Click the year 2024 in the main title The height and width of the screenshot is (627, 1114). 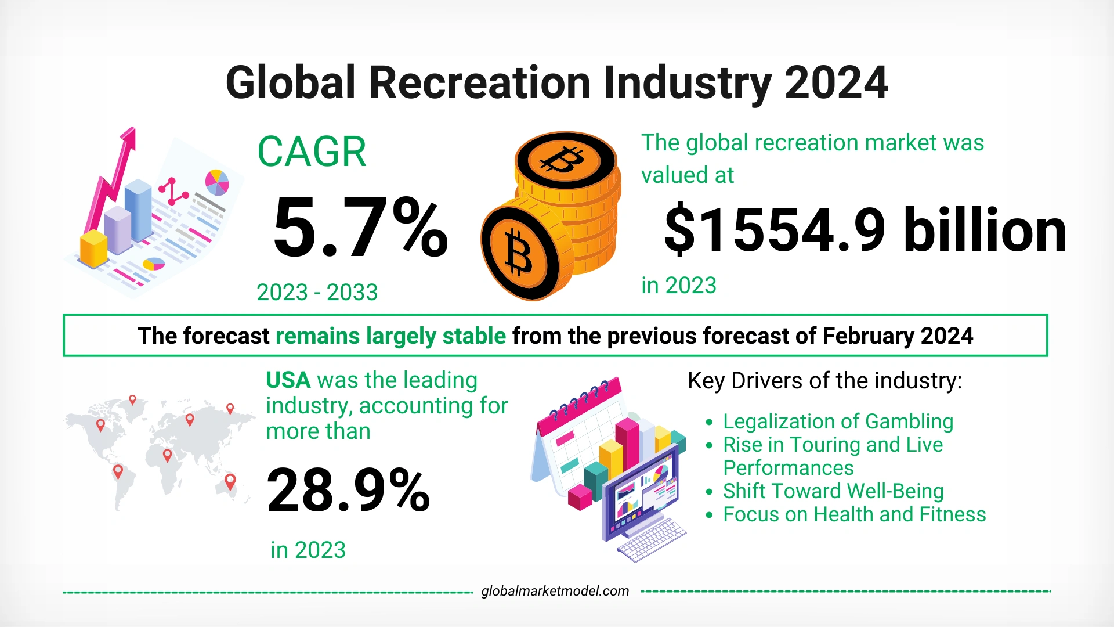[835, 83]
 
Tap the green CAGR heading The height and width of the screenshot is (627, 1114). [312, 152]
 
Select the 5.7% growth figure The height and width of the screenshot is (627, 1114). [360, 228]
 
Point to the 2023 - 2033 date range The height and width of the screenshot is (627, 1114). [317, 292]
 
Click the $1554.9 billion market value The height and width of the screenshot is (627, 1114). [865, 231]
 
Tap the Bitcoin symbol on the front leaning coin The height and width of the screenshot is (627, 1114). [518, 251]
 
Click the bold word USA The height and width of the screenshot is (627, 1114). [288, 380]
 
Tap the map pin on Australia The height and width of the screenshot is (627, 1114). [230, 481]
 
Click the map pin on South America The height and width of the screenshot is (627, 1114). [118, 471]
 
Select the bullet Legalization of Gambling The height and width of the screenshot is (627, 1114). [838, 421]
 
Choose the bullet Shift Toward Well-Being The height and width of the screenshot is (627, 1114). [833, 491]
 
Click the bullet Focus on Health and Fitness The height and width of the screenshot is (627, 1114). [854, 514]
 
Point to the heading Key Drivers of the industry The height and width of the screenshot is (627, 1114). [824, 381]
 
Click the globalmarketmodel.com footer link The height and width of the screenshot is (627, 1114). [555, 591]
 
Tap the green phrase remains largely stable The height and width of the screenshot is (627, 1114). [390, 336]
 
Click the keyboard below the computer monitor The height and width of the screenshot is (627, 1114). [651, 540]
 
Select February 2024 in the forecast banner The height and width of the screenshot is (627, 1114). [897, 336]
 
